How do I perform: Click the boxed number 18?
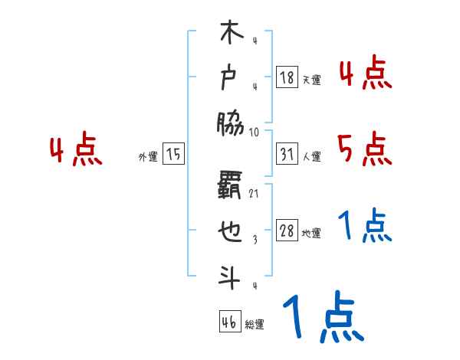287,78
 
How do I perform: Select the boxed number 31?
287,155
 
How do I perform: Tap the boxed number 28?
287,231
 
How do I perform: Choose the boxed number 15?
173,155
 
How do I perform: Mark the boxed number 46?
228,322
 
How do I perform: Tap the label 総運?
255,325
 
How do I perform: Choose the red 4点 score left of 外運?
76,151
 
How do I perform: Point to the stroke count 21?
254,195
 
